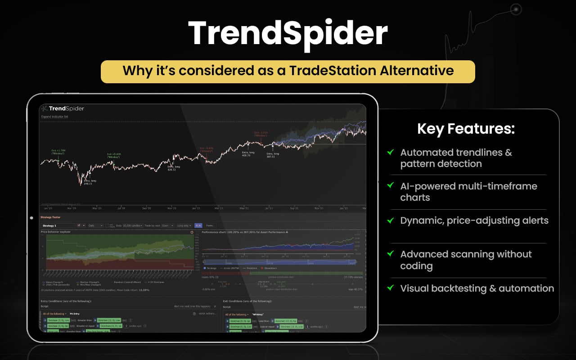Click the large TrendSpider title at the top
click(288, 34)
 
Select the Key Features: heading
click(466, 129)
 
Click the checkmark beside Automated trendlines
click(390, 153)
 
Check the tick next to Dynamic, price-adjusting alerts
click(390, 220)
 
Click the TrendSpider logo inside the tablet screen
click(63, 108)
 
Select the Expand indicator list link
click(54, 117)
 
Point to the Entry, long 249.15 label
click(88, 182)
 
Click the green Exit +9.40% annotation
click(114, 155)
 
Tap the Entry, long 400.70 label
click(248, 154)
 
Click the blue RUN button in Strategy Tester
click(198, 225)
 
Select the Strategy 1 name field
click(58, 225)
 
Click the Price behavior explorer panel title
click(56, 232)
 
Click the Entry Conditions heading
click(66, 301)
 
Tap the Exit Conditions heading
click(247, 301)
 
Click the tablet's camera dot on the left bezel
click(31, 218)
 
